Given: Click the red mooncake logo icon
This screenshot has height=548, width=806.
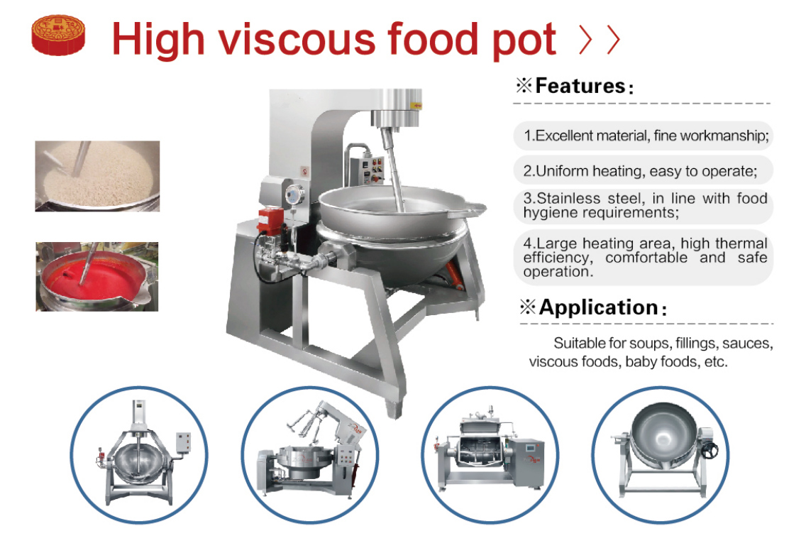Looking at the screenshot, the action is click(x=58, y=35).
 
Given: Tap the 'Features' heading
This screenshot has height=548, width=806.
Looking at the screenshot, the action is click(x=580, y=86).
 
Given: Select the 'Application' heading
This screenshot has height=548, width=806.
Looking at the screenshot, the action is click(x=598, y=307).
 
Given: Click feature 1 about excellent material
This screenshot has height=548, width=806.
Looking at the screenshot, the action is click(x=646, y=136).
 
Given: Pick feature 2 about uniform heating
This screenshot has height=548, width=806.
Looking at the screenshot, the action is click(x=640, y=170).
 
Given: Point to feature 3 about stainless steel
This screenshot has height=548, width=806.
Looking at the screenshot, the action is click(x=645, y=206).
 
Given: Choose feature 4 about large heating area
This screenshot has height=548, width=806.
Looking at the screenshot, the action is click(x=645, y=257).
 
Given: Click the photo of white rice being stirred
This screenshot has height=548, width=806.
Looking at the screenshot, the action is click(x=97, y=176).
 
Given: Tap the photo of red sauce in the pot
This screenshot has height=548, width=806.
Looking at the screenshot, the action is click(x=97, y=277).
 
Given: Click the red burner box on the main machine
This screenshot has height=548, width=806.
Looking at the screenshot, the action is click(x=270, y=220).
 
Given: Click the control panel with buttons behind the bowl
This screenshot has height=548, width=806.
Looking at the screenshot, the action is click(x=367, y=168).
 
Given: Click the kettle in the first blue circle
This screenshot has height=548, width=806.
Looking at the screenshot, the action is click(x=143, y=452).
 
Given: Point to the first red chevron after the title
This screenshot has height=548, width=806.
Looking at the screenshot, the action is click(x=585, y=39).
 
